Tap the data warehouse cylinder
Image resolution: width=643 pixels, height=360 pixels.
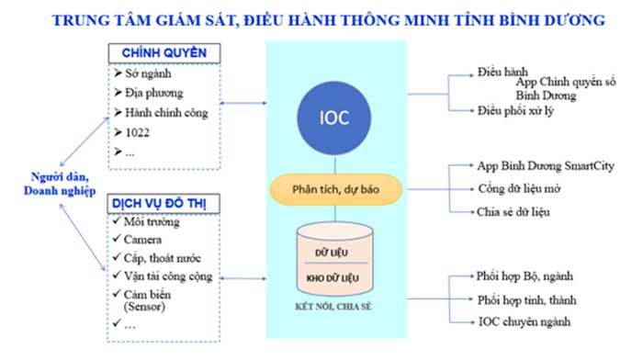point(334,263)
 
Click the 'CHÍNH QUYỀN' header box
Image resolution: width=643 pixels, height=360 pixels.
point(164,52)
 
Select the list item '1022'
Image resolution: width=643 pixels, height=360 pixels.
point(137,132)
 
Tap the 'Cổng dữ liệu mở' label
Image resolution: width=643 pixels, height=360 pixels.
point(519,188)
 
